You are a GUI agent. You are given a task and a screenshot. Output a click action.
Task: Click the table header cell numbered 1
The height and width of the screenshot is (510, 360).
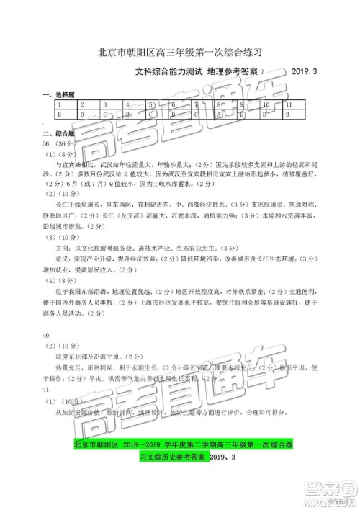[x=58, y=104]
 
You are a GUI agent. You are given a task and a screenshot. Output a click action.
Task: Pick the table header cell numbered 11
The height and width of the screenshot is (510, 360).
[x=289, y=104]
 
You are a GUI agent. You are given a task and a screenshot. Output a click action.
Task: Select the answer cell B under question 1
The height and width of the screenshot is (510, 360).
[x=58, y=114]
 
